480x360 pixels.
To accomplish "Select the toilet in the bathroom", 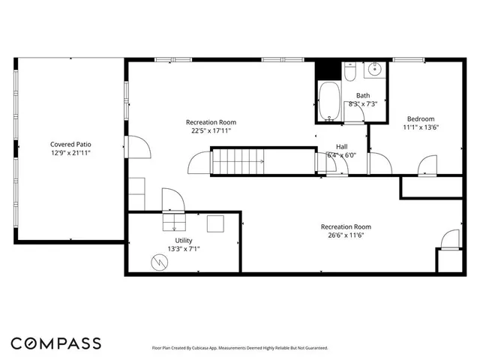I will (x=349, y=73).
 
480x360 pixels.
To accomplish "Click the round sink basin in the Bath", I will (x=375, y=71).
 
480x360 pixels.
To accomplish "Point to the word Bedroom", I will (x=420, y=118).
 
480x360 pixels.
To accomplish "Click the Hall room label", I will (x=341, y=146).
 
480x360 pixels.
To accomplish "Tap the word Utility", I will (x=183, y=240).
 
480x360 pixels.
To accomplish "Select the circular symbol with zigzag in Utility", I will (x=160, y=261).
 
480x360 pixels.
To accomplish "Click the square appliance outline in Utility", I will (x=215, y=223).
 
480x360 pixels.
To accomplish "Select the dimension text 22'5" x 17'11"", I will (x=211, y=130).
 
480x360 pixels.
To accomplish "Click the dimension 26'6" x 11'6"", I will (x=346, y=235).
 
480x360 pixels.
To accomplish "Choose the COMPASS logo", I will (x=56, y=343).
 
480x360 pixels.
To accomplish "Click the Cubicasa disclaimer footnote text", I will (x=240, y=348).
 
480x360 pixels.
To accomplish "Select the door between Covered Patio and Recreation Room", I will (x=136, y=147).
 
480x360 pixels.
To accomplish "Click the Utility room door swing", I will (x=172, y=199).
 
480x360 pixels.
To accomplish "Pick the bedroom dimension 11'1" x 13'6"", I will (x=420, y=127).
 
